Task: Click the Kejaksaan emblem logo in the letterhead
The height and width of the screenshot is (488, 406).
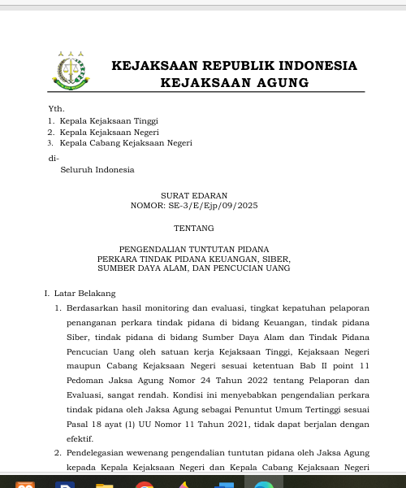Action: click(x=71, y=70)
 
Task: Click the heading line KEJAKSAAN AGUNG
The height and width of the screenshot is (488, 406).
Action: click(x=235, y=83)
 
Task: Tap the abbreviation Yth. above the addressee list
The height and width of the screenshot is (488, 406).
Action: click(x=56, y=108)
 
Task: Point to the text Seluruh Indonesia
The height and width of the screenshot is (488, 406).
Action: click(x=97, y=170)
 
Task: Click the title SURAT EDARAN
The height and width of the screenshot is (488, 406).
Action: click(x=194, y=195)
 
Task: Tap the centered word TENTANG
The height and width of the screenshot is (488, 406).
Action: click(x=194, y=228)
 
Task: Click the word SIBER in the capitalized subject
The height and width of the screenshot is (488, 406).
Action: click(x=276, y=258)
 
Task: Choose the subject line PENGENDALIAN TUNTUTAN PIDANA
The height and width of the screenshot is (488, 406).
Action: click(x=194, y=248)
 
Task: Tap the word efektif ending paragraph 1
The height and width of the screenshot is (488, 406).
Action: click(x=80, y=438)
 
